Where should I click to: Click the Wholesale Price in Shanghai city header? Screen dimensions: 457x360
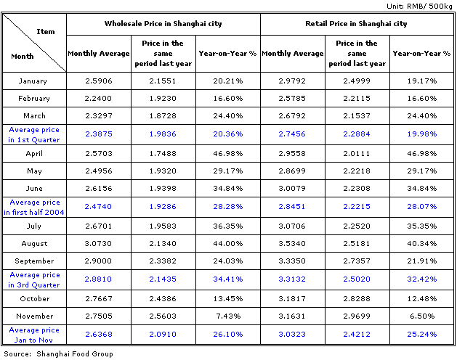coord(163,24)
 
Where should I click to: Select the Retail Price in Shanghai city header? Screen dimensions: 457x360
coord(356,24)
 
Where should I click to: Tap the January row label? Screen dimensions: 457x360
coord(33,81)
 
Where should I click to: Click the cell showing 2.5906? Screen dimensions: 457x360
coord(99,81)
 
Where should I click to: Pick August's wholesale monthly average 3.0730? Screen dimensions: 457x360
coord(98,243)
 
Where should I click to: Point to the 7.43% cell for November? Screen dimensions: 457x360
coord(228,316)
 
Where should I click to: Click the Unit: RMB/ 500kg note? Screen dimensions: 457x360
coord(419,6)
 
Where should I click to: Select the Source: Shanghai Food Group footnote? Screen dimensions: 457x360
coord(58,354)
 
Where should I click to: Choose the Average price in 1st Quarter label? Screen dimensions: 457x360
coord(34,134)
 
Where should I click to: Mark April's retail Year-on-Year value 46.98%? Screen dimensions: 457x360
coord(421,153)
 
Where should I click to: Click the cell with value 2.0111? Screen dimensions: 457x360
coord(357,153)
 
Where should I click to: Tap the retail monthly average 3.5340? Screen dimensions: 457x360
coord(292,243)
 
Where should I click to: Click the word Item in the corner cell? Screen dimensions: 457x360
coord(46,31)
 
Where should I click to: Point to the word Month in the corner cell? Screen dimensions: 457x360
coord(23,56)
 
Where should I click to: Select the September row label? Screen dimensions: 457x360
coord(34,261)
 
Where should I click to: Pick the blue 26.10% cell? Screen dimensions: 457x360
coord(228,335)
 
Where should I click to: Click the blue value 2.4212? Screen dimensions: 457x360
coord(357,335)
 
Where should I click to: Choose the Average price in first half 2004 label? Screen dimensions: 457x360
coord(34,207)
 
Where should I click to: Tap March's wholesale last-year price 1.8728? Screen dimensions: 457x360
coord(163,116)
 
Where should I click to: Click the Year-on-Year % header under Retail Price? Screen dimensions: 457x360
coord(421,54)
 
